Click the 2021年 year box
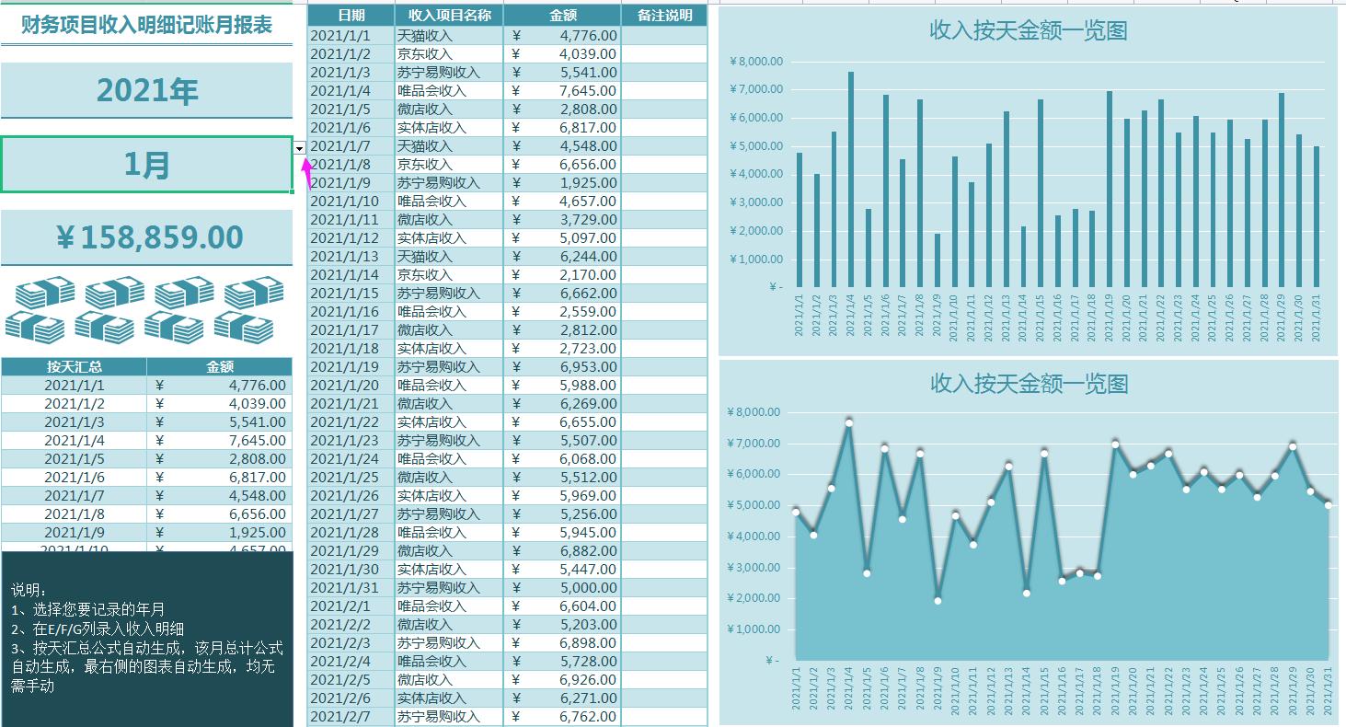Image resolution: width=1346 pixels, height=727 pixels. [x=147, y=90]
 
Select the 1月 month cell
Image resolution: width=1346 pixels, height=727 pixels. [x=147, y=165]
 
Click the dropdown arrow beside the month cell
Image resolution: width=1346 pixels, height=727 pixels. [x=300, y=147]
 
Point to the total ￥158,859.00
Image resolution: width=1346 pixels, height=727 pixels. [x=147, y=237]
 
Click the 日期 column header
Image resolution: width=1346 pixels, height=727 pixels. [x=351, y=16]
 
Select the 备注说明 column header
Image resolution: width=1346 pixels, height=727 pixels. [x=664, y=16]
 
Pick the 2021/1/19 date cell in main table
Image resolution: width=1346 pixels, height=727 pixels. [x=351, y=366]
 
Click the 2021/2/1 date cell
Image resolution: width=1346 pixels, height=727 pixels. [x=351, y=606]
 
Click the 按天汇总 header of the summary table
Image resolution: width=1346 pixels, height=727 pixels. [x=75, y=366]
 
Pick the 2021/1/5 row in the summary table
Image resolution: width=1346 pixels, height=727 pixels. [x=75, y=458]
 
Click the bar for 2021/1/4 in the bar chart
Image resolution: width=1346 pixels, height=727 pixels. [x=851, y=179]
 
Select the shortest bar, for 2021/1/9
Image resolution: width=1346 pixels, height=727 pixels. [x=938, y=260]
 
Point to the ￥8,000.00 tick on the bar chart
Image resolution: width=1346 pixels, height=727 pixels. [x=755, y=62]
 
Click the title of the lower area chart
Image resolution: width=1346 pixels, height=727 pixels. [x=1029, y=384]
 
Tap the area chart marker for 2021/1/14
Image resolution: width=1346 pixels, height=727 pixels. [x=1027, y=593]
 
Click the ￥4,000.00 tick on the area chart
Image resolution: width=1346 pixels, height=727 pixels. [x=754, y=536]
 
